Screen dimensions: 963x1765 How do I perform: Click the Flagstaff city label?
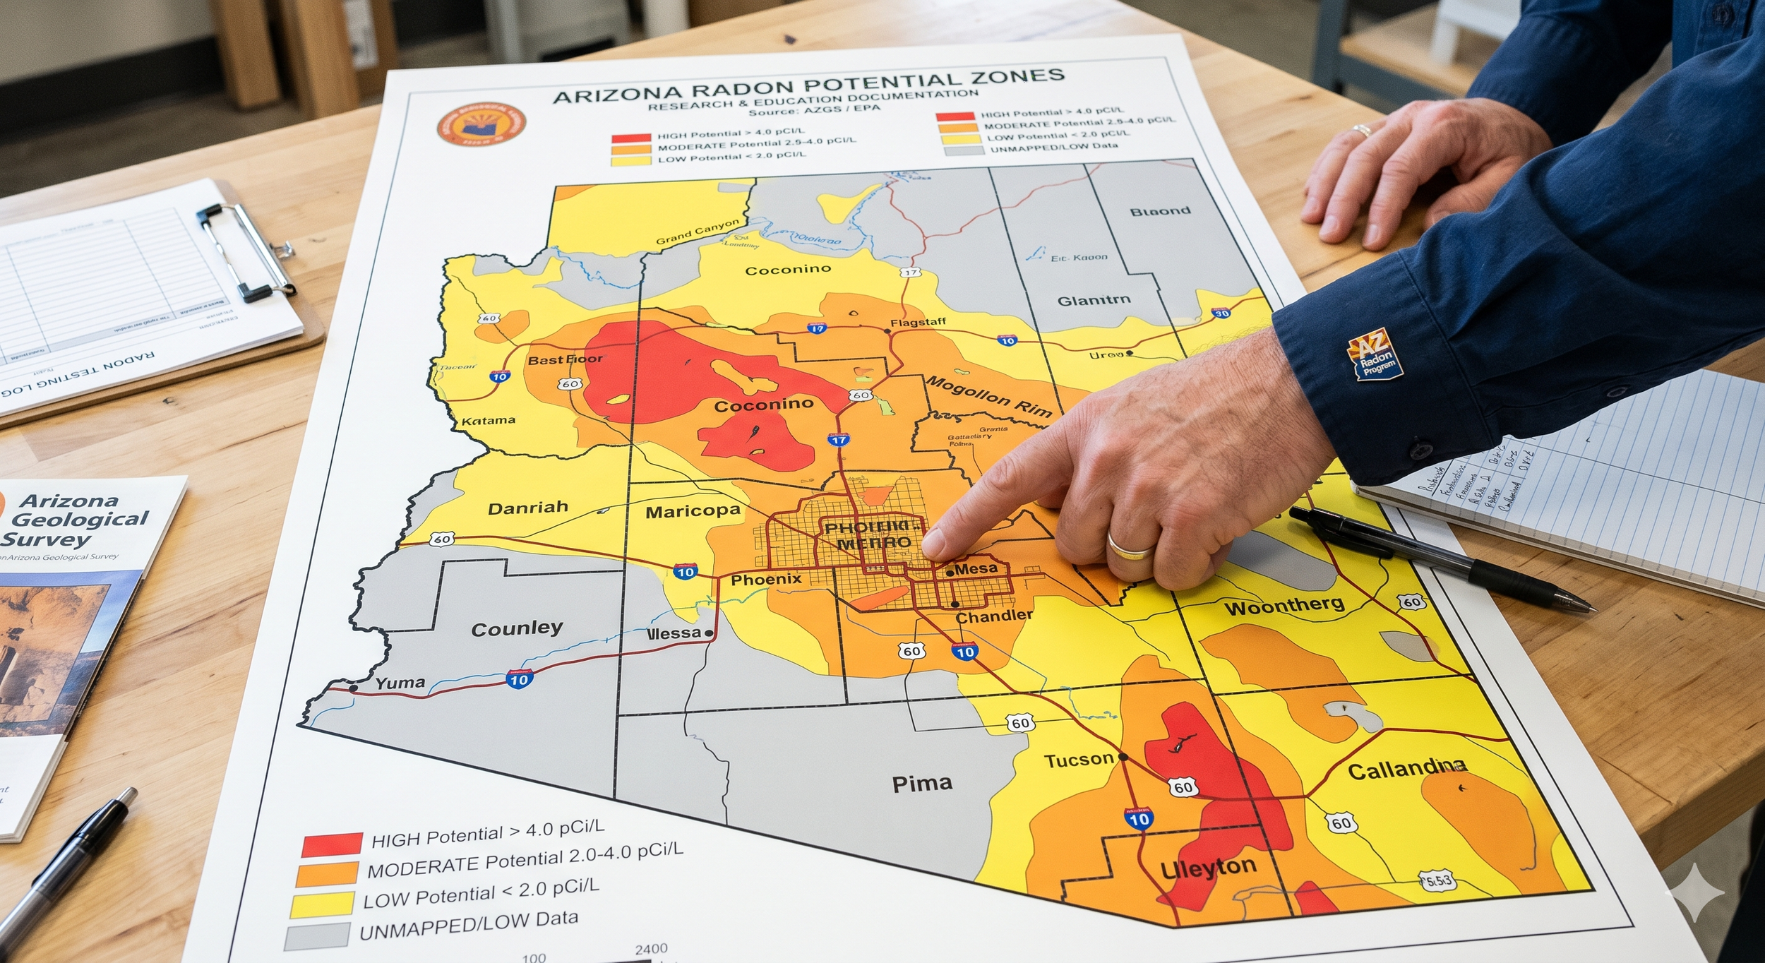917,323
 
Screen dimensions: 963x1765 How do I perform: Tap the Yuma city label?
400,683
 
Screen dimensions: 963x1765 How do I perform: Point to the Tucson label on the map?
1079,760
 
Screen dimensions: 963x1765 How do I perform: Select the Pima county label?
922,784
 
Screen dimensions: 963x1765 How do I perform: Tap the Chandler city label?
993,616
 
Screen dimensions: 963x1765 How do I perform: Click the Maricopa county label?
693,511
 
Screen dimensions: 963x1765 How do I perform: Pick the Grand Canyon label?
697,231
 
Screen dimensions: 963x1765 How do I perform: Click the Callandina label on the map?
1406,769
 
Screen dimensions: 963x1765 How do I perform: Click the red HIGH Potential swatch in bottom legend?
332,844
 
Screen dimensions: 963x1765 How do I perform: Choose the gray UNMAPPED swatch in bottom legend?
317,936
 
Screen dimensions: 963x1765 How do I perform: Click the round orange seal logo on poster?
481,124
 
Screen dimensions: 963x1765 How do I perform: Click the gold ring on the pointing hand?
1130,549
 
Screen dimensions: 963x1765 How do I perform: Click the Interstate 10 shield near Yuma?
519,679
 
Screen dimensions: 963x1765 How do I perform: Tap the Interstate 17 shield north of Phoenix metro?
838,440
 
